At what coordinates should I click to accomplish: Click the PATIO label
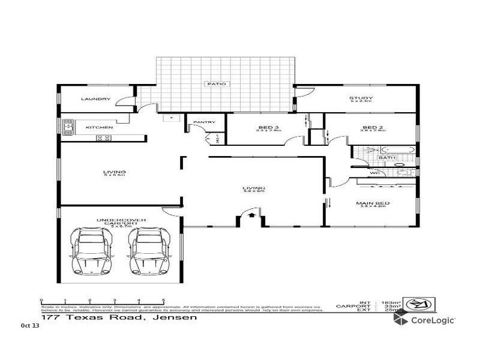217,84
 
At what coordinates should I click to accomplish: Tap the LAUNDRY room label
95,99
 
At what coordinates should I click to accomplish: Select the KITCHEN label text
99,127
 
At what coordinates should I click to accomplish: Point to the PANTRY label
204,122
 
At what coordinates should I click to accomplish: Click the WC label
374,173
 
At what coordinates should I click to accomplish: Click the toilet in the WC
409,173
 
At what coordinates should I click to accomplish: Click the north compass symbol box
419,304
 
